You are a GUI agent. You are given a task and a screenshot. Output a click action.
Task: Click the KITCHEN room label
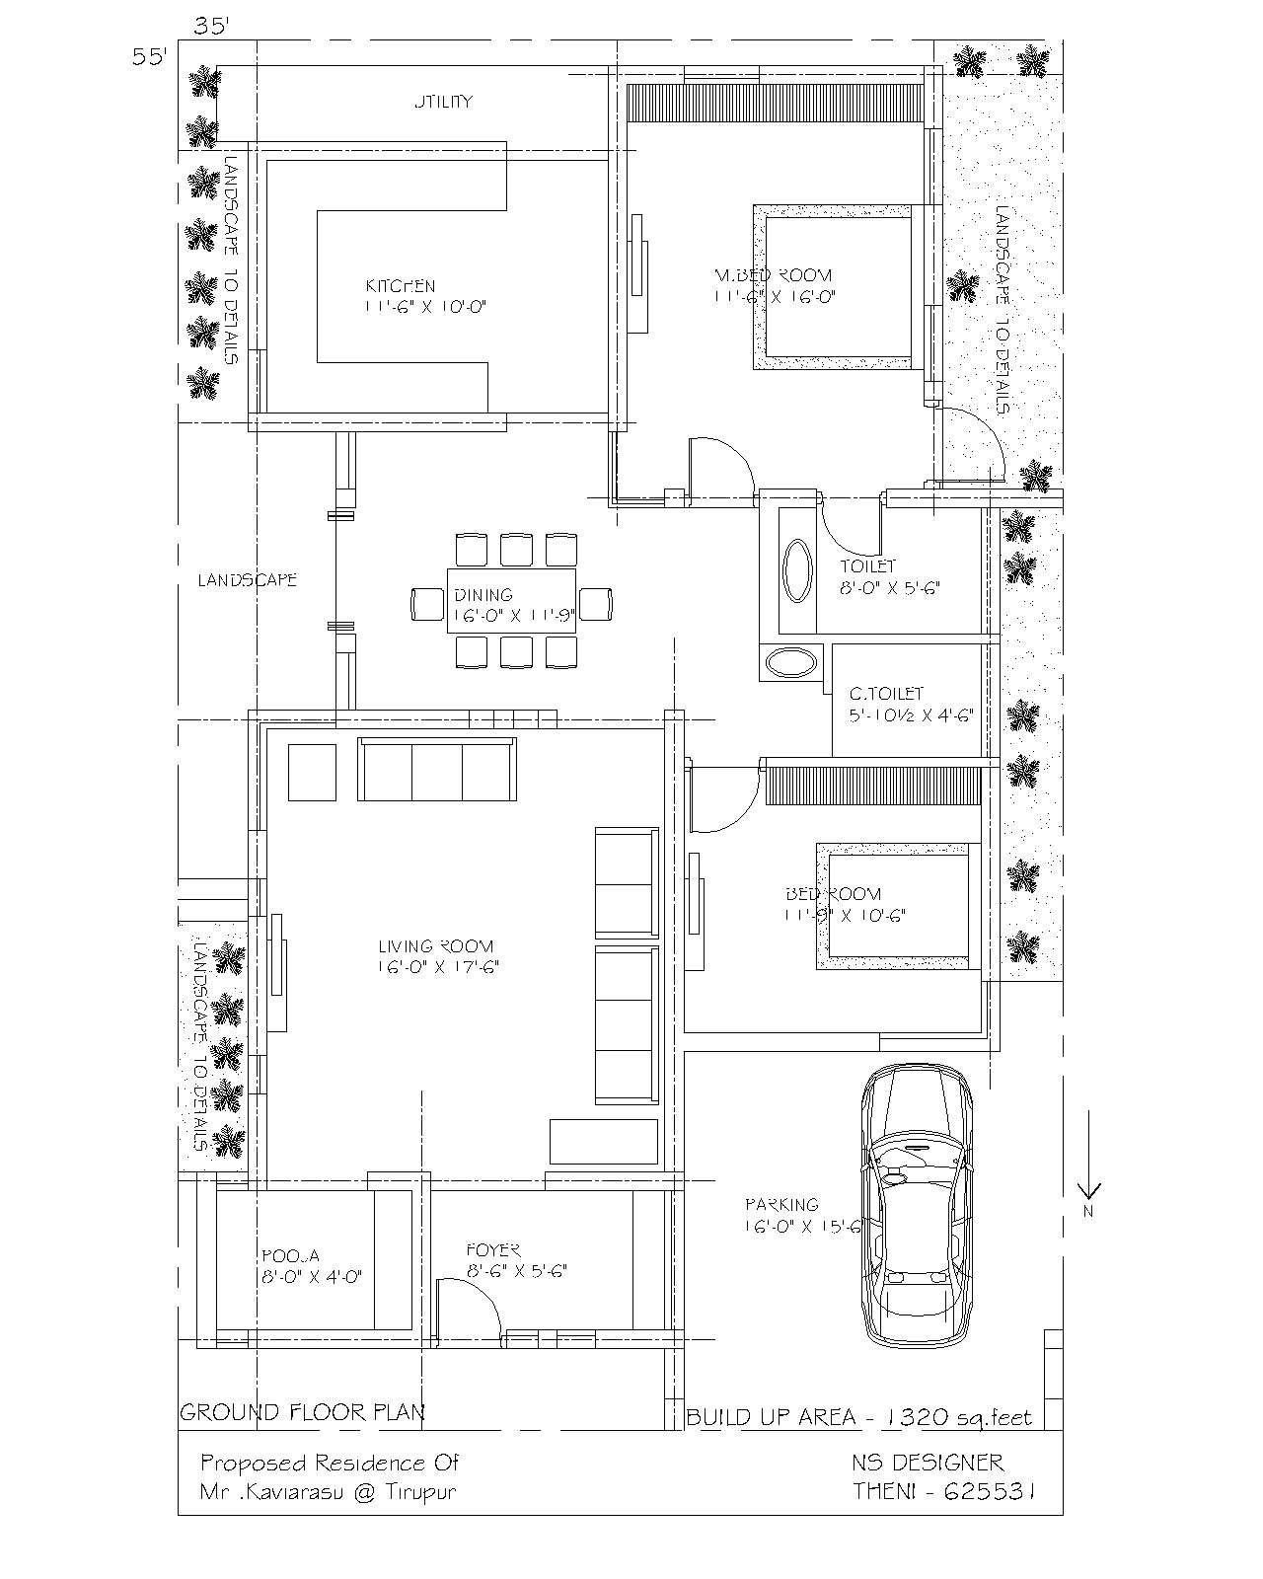400,286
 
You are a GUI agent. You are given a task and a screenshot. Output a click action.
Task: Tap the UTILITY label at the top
443,101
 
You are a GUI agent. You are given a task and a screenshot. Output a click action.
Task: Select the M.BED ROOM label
773,275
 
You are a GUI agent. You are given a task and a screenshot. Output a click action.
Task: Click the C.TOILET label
886,694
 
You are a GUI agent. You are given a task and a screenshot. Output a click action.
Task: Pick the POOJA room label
290,1255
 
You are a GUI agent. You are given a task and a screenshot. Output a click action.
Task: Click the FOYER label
493,1249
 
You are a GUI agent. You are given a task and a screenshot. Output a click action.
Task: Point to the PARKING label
781,1204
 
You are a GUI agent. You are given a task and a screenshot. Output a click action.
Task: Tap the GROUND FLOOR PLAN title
302,1412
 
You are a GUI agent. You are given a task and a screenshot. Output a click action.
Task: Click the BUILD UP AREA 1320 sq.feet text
858,1418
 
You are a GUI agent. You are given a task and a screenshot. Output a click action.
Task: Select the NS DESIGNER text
928,1463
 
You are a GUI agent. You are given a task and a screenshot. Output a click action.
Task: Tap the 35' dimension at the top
211,28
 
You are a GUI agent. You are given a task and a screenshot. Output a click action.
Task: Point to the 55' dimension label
151,56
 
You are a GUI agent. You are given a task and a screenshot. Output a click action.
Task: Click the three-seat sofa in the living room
436,770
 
